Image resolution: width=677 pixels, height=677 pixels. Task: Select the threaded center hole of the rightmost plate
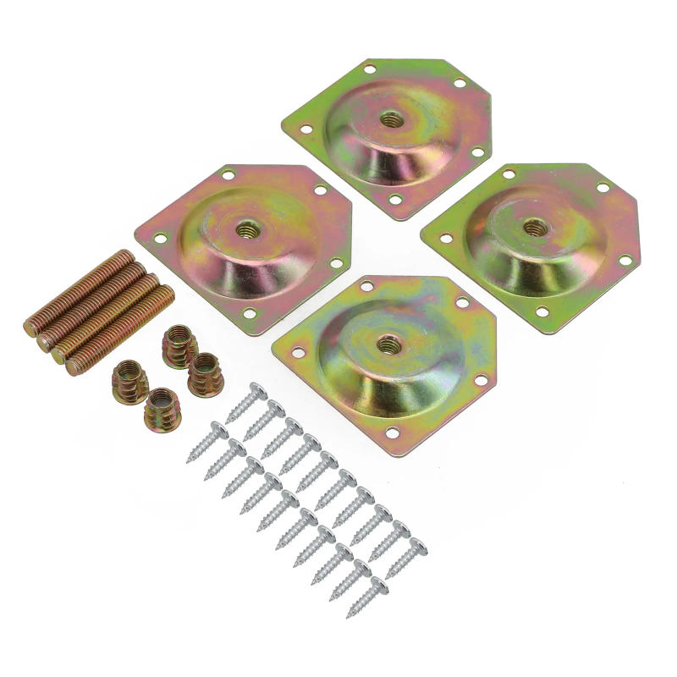pos(534,226)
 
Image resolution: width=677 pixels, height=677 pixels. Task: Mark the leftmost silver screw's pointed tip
pos(188,460)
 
